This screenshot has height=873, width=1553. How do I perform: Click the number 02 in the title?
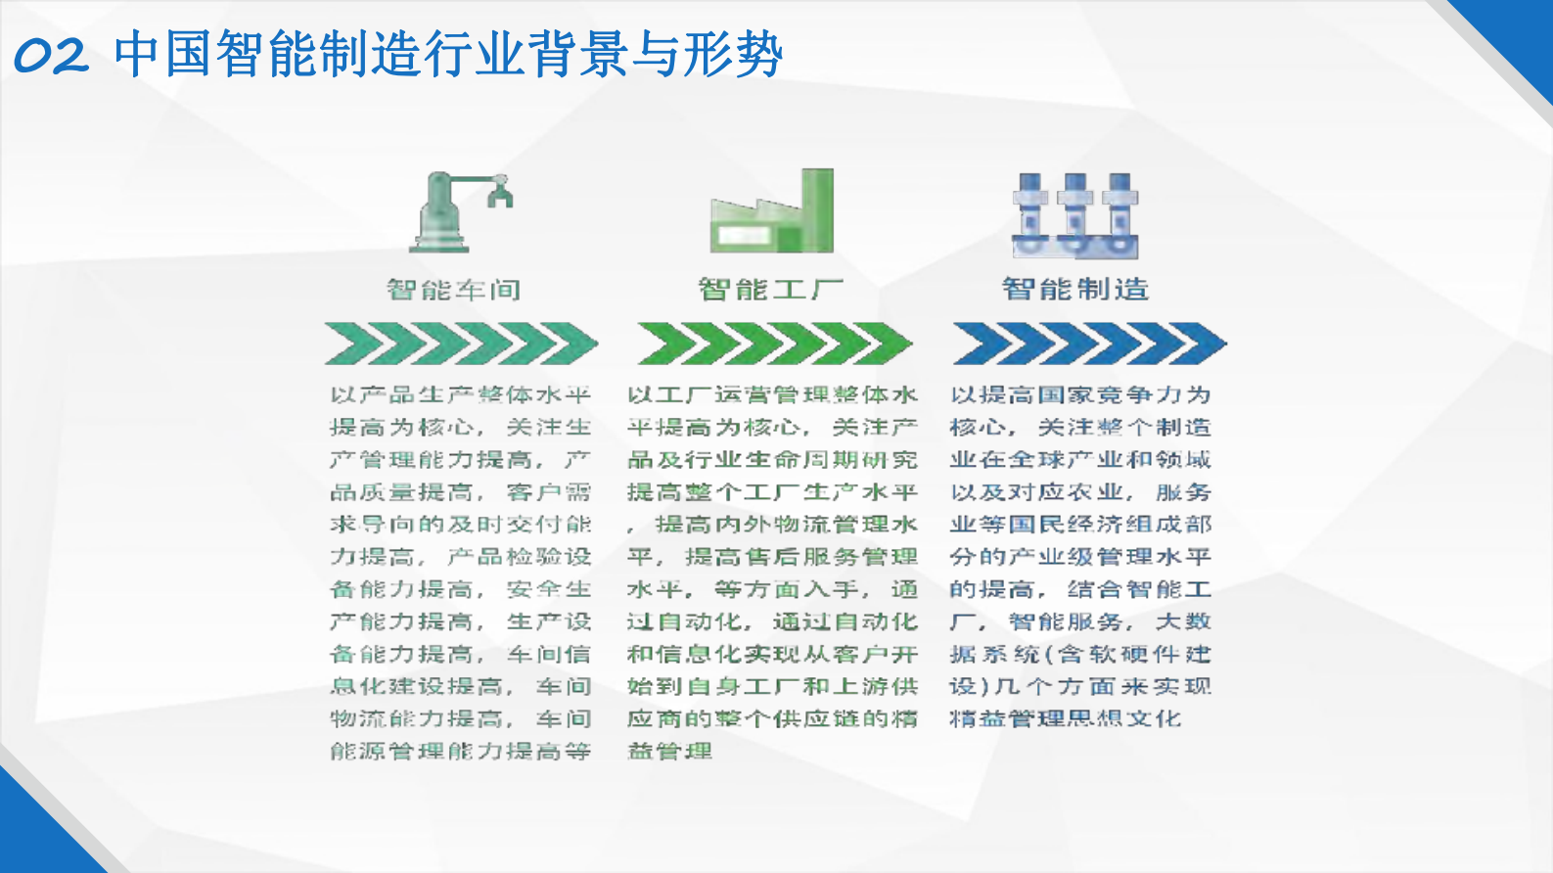point(51,56)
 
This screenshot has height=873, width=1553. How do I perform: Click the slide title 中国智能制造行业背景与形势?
point(448,54)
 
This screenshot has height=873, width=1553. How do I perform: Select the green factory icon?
point(772,212)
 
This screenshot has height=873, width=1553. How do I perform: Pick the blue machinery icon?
point(1074,215)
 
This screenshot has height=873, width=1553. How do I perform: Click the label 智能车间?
point(454,290)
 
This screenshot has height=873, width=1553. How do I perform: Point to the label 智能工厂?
point(771,290)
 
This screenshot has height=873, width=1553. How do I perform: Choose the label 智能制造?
point(1075,289)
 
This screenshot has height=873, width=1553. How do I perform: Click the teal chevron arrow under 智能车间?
point(461,344)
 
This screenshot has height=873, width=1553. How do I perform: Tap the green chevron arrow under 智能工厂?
point(774,344)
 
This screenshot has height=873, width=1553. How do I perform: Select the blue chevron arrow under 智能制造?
point(1089,344)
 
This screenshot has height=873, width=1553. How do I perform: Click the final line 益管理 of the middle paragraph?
point(670,752)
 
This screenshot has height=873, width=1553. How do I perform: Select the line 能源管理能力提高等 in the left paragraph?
point(461,752)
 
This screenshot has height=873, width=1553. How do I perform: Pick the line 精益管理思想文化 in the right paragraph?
point(1066,718)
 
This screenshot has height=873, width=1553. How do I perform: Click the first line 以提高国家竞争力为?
point(1080,394)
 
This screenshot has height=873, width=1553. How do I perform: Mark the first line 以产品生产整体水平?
point(461,394)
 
